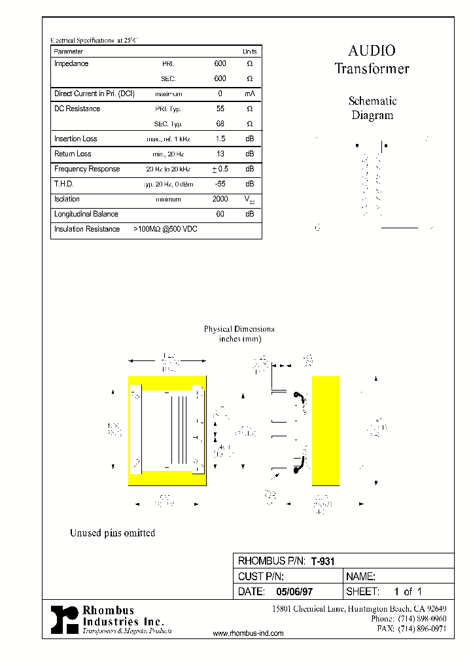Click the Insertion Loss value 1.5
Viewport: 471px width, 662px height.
[220, 139]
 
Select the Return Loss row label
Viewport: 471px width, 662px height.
[73, 154]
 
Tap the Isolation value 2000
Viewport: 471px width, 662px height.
[220, 199]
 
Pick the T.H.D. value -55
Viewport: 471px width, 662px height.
[220, 184]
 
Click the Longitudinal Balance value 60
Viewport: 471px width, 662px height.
[220, 214]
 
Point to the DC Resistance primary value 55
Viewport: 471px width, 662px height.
[220, 109]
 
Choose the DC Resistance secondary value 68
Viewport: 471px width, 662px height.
[220, 124]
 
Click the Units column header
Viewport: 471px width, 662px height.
[249, 51]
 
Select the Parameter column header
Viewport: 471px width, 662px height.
[69, 51]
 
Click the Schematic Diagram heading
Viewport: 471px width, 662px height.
[372, 108]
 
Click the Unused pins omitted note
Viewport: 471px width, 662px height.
[113, 533]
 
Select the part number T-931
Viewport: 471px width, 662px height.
[323, 561]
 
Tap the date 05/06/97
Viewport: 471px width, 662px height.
[294, 591]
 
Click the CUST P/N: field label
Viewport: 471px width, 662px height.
[260, 576]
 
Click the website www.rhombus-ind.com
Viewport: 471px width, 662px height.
[249, 633]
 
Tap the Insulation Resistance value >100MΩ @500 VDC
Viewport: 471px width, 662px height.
[166, 229]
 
